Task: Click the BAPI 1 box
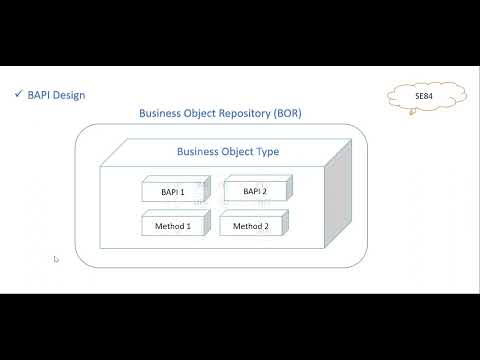[x=173, y=191]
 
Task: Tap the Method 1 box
[x=173, y=226]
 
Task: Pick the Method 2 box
[x=251, y=226]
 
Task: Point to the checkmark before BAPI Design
[x=19, y=95]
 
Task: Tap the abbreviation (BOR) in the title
[x=286, y=114]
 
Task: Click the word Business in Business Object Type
[x=199, y=153]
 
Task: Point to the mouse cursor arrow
[x=56, y=259]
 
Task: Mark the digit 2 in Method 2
[x=266, y=226]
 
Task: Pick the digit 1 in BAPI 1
[x=183, y=191]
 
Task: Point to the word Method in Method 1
[x=168, y=226]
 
